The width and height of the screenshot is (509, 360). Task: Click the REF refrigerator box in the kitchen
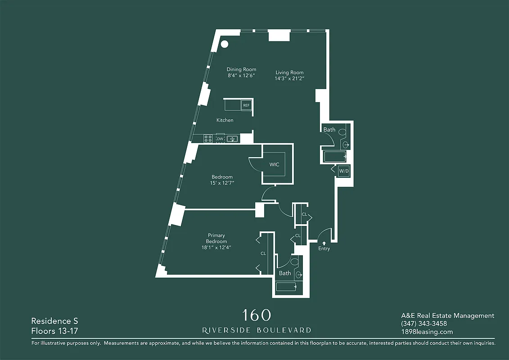(246, 105)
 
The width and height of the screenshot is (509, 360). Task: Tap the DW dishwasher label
(220, 139)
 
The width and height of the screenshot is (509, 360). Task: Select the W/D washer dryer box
(343, 171)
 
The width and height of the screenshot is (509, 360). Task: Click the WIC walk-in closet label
(275, 165)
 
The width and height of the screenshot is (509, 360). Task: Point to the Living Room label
(289, 72)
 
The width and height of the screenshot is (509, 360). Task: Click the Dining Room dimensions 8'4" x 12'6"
(241, 76)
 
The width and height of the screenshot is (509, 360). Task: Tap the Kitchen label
(225, 120)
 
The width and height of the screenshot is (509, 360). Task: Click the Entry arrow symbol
(324, 243)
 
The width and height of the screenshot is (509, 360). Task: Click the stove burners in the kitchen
(208, 139)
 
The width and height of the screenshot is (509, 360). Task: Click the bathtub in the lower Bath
(285, 287)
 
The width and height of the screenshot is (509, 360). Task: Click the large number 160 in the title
(257, 315)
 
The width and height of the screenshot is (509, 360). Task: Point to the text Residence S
(54, 321)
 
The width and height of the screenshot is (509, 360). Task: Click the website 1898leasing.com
(427, 332)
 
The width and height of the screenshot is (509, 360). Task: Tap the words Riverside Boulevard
(257, 330)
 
